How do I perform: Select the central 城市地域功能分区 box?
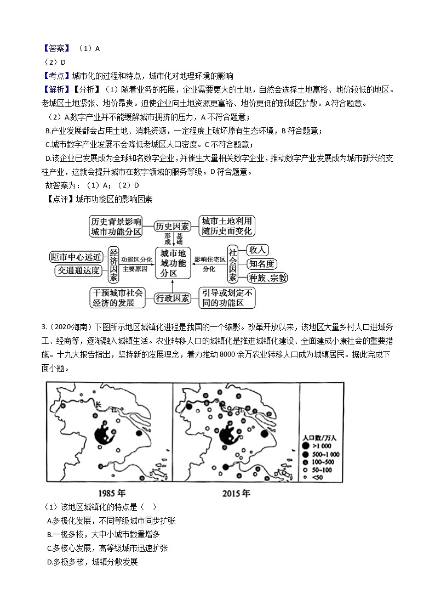173,262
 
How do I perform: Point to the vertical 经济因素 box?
114,263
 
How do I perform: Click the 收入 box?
257,250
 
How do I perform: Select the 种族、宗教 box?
267,278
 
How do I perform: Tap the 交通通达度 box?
78,270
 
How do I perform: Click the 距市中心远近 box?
76,256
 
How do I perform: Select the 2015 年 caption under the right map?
236,493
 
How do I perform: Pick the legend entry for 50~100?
317,470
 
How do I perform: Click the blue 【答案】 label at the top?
57,48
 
